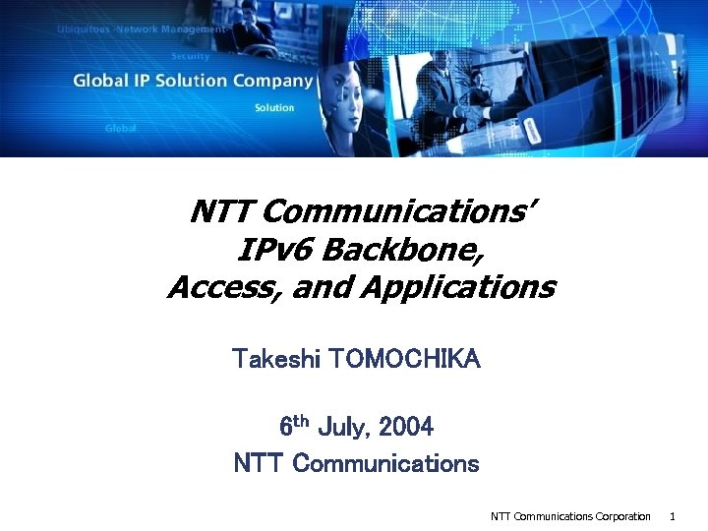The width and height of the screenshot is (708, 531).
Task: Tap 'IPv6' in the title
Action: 275,250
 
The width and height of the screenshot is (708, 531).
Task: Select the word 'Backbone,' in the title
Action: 402,250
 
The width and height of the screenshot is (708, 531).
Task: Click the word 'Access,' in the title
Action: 217,288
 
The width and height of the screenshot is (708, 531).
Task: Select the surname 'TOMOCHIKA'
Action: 405,359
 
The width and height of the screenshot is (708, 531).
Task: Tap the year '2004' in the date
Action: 406,428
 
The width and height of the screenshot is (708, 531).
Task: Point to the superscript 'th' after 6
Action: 302,422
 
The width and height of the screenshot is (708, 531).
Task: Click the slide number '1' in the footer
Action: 673,516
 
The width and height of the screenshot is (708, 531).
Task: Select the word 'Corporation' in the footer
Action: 622,516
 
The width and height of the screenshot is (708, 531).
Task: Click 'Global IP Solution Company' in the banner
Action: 193,81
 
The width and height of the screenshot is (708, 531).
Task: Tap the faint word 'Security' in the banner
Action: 191,56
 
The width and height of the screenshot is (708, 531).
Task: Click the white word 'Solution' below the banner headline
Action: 274,107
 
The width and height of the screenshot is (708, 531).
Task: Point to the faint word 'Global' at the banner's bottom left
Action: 120,129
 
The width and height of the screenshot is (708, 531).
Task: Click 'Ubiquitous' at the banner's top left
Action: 83,29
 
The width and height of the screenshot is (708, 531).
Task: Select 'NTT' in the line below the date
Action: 259,463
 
